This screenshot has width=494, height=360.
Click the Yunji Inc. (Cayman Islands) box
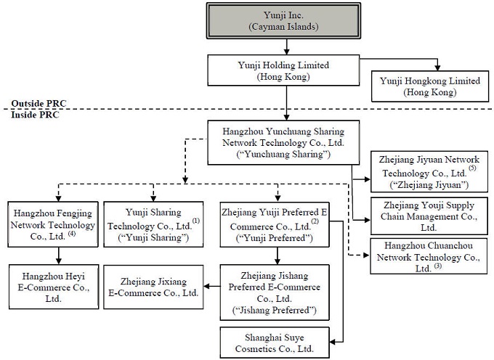coord(288,21)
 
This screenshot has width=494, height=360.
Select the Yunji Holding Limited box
coord(288,70)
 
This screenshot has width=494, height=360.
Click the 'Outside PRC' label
coord(37,104)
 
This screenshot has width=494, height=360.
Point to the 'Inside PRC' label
coord(33,115)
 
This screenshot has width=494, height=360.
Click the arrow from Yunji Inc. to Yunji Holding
coord(288,47)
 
